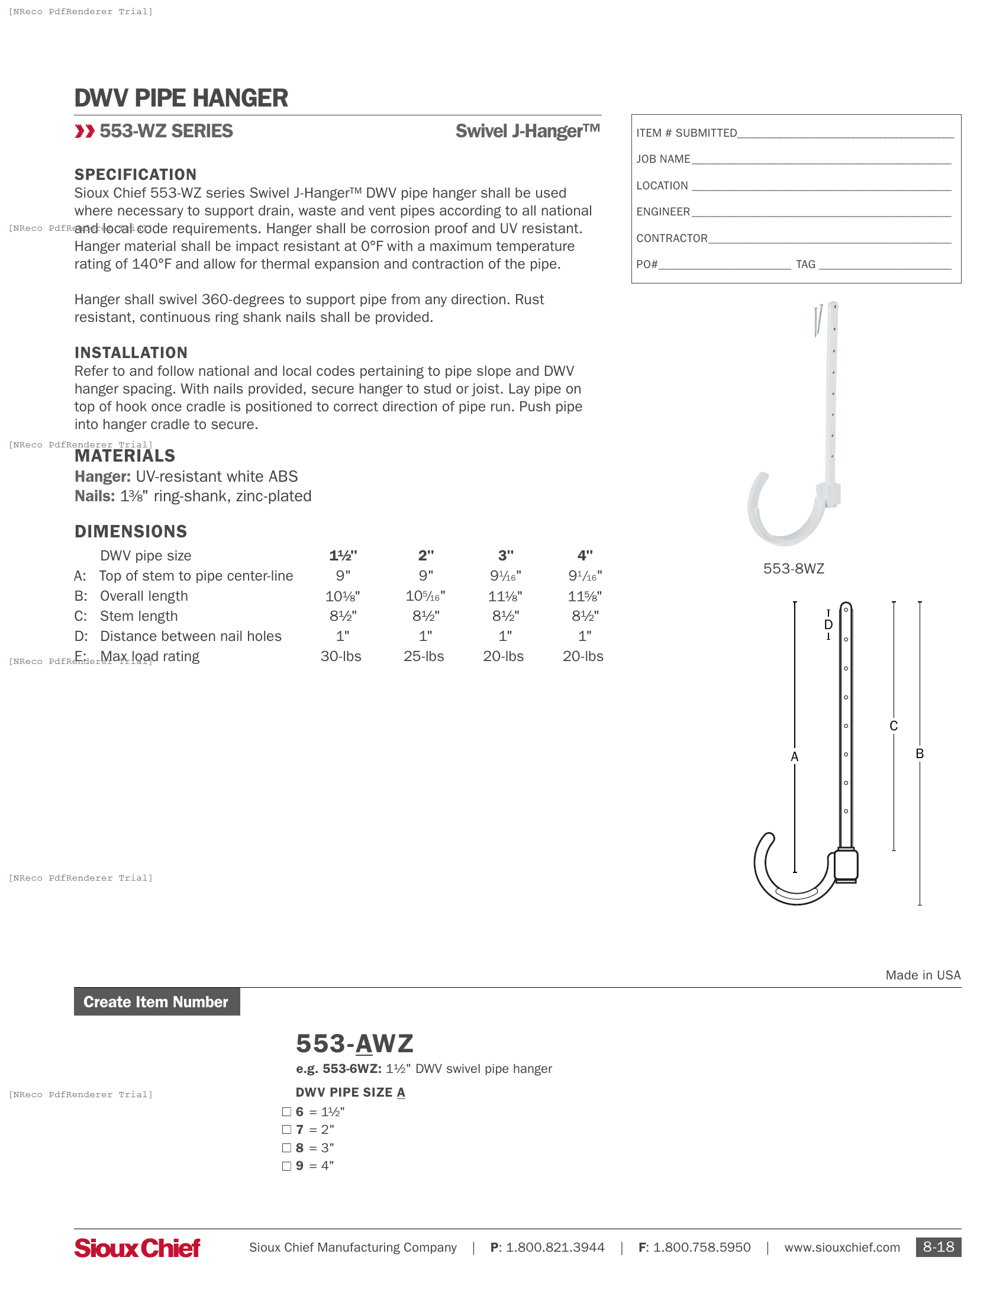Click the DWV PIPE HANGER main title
coord(180,98)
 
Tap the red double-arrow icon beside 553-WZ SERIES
coord(85,131)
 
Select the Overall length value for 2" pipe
coord(425,596)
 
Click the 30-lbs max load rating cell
coord(341,656)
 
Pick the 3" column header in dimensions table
coord(505,556)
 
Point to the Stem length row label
coord(138,617)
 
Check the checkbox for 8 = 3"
coord(286,1148)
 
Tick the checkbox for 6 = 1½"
coord(286,1112)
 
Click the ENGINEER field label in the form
coord(663,212)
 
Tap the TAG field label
coord(805,264)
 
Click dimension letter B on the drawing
coord(920,753)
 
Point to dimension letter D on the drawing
coord(828,625)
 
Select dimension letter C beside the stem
coord(894,726)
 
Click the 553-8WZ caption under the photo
coord(793,569)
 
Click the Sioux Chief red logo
coord(137,1248)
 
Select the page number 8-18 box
coord(938,1247)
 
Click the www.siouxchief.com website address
coord(841,1248)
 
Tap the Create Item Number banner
coord(157,1002)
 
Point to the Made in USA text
coord(923,975)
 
